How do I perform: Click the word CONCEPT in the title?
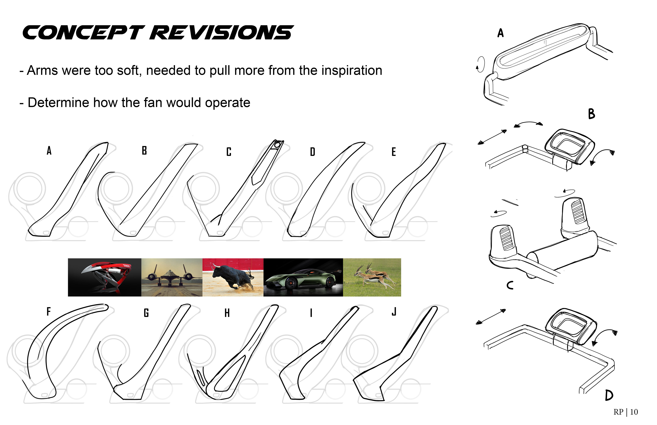tap(83, 32)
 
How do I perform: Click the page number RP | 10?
tap(626, 412)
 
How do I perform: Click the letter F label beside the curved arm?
tap(49, 312)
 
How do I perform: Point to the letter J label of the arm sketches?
tap(394, 312)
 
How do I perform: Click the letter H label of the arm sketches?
tap(227, 313)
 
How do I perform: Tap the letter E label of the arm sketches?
tap(394, 152)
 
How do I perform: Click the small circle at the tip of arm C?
tap(278, 145)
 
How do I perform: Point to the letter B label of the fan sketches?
tap(591, 114)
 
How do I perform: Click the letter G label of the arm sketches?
tap(146, 313)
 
